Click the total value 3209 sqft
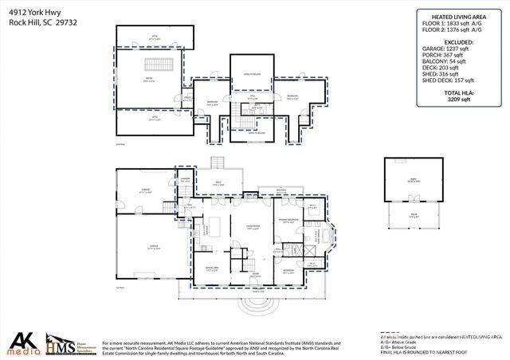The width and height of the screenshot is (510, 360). point(460,101)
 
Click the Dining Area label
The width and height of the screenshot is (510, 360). point(212,268)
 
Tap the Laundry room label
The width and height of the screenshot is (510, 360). point(185,180)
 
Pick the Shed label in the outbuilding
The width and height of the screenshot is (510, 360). point(413,182)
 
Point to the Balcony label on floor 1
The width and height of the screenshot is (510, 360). point(282,190)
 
